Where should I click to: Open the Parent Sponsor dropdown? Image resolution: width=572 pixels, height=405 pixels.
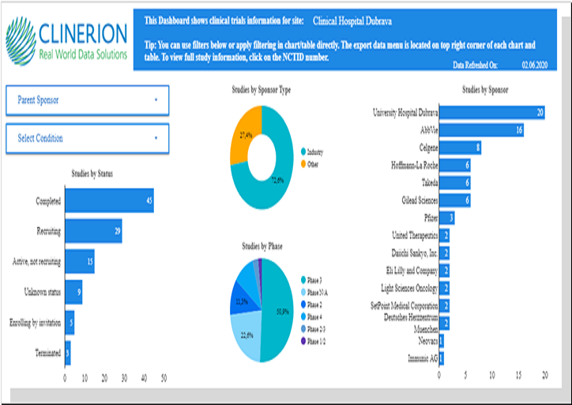87,100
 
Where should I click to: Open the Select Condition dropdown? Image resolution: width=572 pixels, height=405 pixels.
87,138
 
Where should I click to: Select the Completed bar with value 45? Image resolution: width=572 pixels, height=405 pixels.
108,201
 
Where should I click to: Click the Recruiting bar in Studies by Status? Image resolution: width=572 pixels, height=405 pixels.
92,231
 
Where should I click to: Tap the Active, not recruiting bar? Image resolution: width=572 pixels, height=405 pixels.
79,261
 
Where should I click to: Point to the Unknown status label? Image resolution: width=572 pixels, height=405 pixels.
39,292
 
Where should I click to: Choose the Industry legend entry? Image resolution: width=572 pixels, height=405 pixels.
314,152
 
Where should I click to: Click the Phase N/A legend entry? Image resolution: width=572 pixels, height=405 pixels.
318,292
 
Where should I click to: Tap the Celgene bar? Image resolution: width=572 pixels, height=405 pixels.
460,148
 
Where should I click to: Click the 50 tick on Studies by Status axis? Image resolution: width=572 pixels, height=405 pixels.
164,378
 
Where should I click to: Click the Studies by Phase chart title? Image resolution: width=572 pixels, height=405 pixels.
264,246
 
